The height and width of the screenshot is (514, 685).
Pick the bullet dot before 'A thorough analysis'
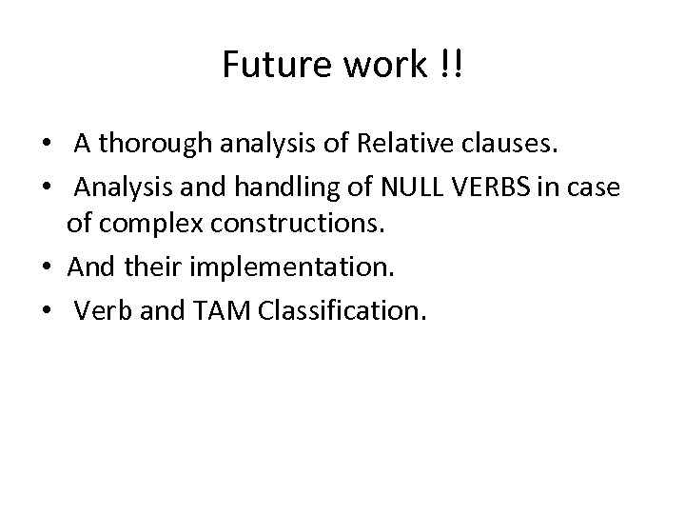click(46, 146)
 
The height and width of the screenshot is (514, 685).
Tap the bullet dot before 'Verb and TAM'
click(46, 310)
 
